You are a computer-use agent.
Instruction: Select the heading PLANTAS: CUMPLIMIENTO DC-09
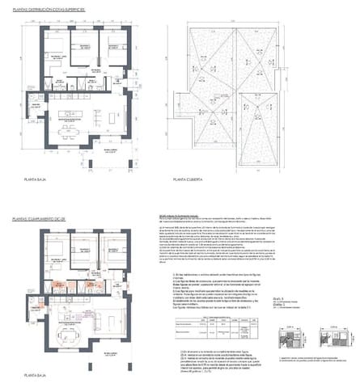54,219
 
